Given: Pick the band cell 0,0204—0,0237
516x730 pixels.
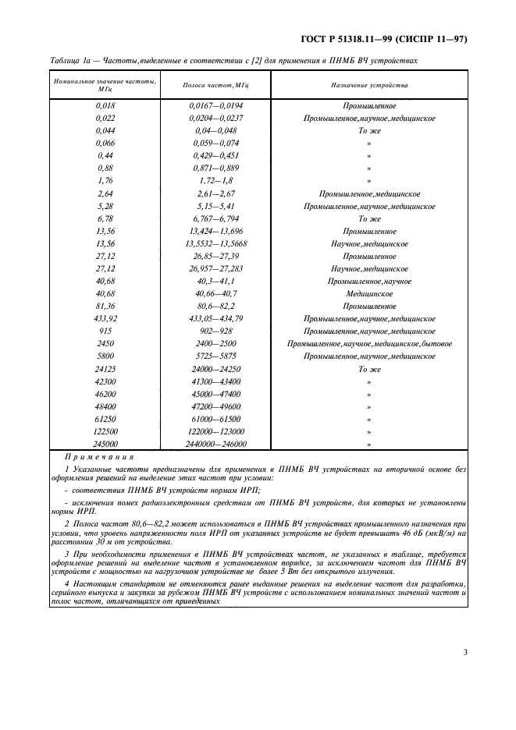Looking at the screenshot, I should [216, 119].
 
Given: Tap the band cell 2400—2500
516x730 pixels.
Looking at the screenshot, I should [216, 344].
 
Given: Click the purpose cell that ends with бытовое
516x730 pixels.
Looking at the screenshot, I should [369, 344].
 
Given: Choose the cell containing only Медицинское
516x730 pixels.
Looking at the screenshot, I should [369, 293].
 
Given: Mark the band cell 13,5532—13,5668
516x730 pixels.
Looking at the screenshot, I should [216, 243].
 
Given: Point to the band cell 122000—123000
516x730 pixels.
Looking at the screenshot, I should [216, 431].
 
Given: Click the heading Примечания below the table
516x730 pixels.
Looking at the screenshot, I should [99, 457].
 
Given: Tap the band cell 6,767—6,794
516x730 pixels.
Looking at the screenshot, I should [216, 218].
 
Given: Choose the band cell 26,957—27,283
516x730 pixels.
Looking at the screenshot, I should [216, 268].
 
